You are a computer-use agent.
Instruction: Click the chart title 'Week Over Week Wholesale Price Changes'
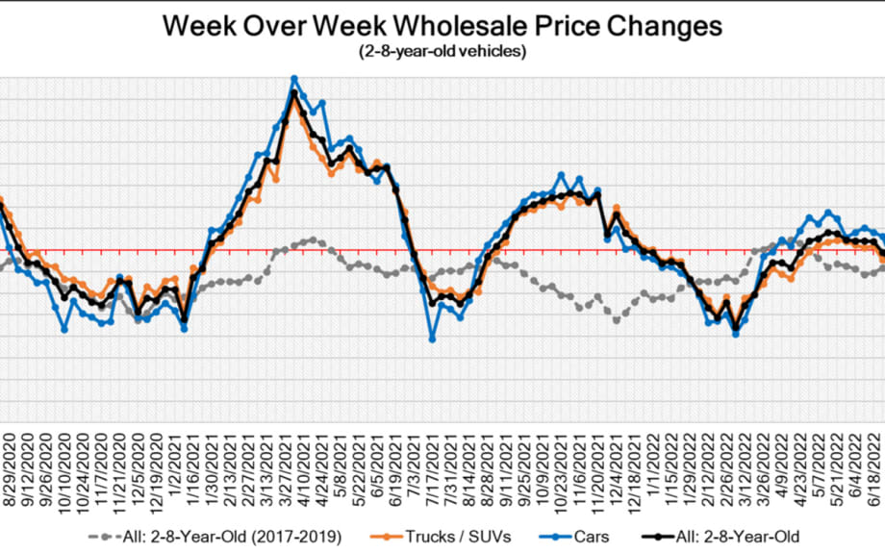pos(442,26)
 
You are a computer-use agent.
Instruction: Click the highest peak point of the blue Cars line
pos(294,79)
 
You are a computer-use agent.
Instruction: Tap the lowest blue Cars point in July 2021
pos(432,339)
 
